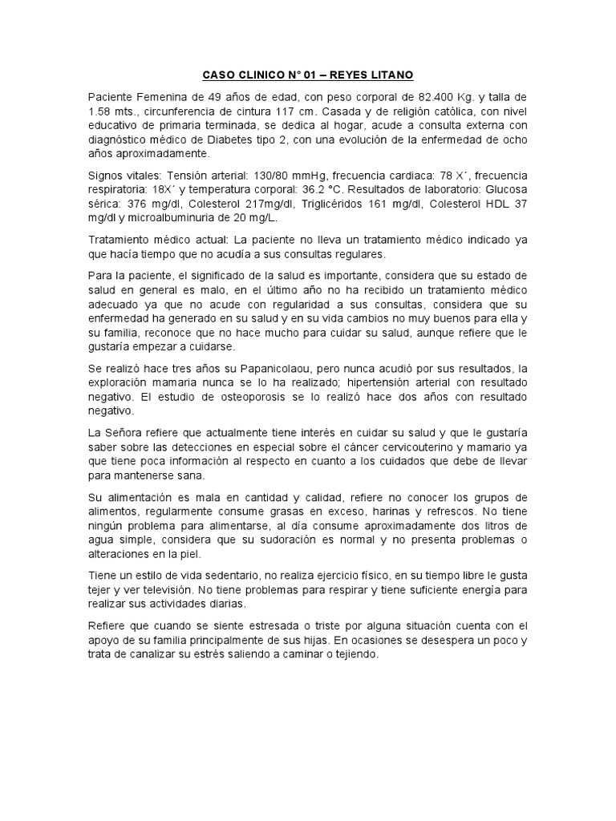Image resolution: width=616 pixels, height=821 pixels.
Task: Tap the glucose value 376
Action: (135, 204)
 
